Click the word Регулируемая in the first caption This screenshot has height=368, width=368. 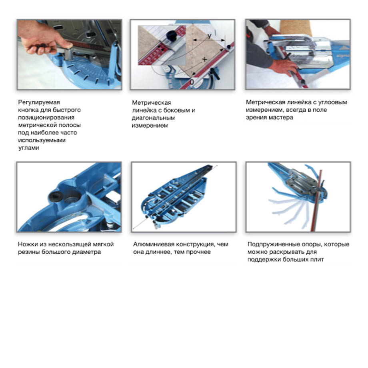click(39, 102)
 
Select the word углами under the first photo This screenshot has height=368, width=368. click(29, 148)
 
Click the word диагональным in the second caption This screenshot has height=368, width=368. click(153, 118)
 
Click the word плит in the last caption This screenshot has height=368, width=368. click(317, 260)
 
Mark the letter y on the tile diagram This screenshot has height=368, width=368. click(209, 36)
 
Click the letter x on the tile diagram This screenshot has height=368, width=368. click(205, 59)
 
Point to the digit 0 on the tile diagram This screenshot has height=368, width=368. click(192, 82)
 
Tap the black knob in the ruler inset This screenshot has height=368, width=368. click(172, 36)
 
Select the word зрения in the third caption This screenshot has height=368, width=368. click(256, 117)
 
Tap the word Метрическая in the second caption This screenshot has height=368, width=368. click(151, 103)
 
